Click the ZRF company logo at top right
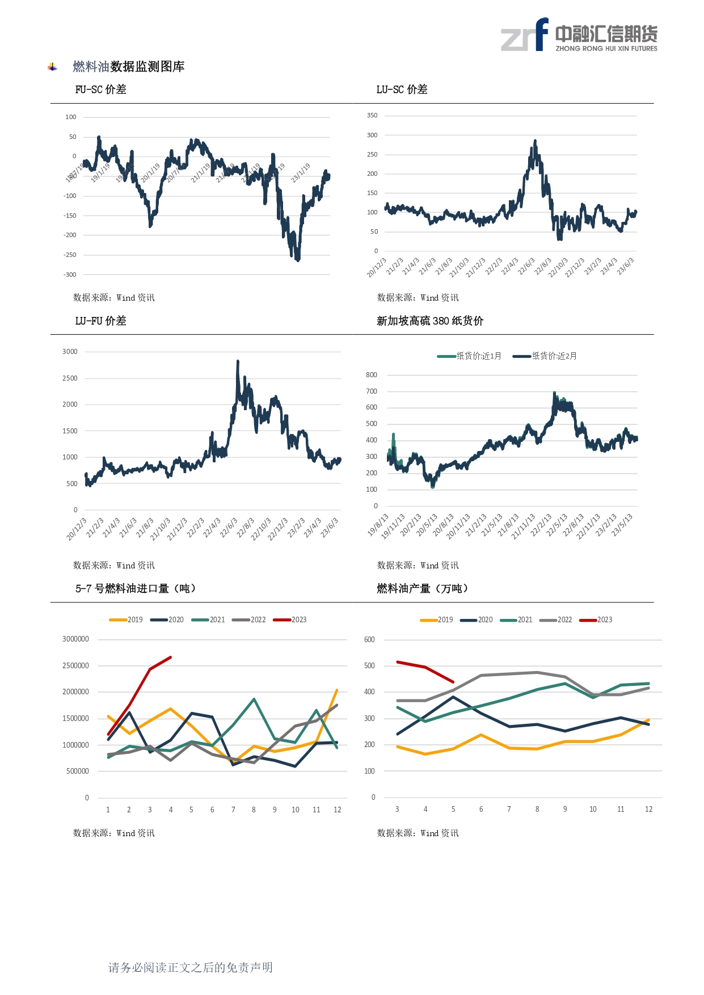579,35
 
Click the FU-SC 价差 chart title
100,90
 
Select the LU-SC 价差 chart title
402,90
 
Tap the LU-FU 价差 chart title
100,321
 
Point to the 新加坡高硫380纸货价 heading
430,321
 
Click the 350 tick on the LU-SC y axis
372,116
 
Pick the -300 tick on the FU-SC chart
70,275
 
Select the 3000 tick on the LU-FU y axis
70,352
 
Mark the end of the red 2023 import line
171,657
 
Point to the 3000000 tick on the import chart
75,639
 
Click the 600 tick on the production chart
369,640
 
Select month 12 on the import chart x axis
338,810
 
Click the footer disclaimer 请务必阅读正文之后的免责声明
191,968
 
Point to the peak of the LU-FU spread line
238,361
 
